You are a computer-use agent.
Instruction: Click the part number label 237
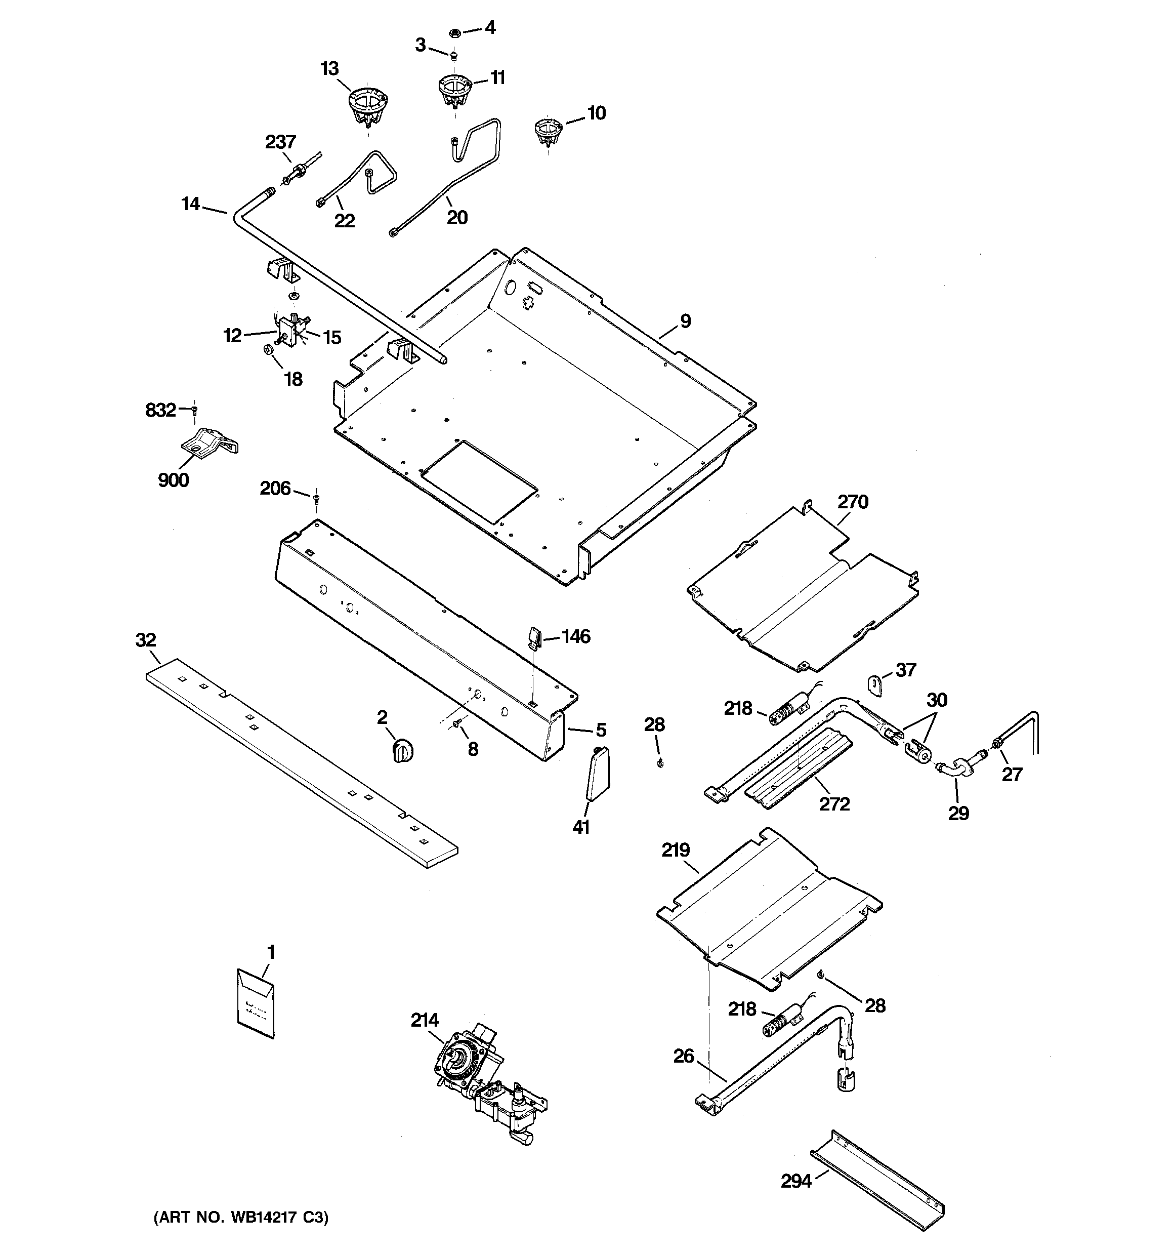click(280, 142)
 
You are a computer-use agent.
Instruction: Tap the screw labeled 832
click(195, 410)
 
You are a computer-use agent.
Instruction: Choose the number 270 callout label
click(853, 502)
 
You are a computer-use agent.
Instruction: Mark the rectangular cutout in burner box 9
click(479, 481)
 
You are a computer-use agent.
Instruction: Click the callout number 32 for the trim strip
click(146, 640)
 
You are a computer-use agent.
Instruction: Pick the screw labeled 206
click(316, 499)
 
